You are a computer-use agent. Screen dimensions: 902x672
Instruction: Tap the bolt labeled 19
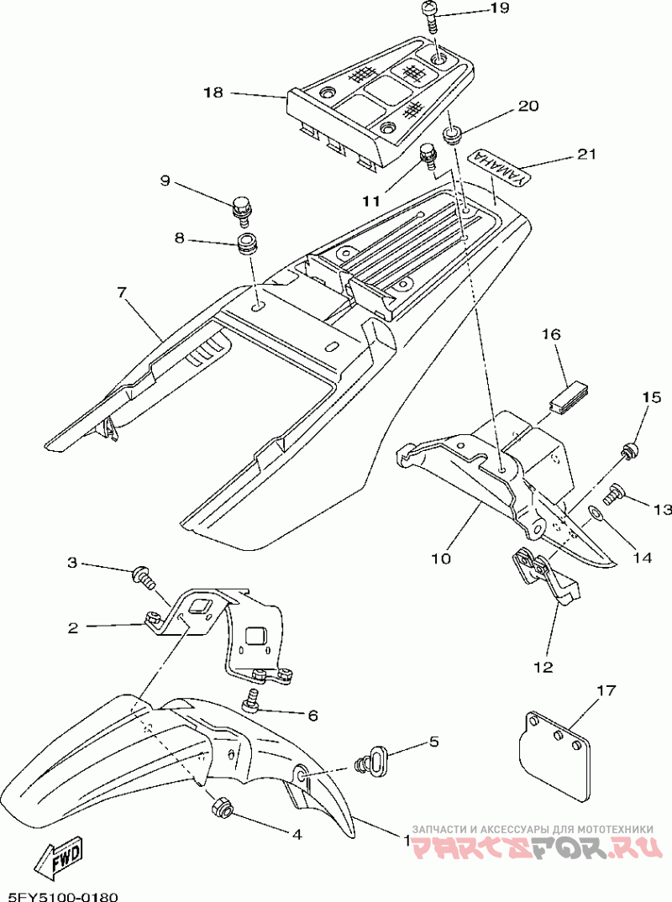tap(430, 15)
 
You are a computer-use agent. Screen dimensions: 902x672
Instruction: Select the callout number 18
tap(213, 92)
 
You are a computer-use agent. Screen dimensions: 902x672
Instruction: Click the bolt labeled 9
tap(240, 207)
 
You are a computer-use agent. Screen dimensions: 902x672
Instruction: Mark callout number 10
tap(442, 558)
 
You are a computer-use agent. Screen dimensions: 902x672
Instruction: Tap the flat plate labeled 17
tap(554, 753)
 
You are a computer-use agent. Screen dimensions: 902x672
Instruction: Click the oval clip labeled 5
tap(371, 762)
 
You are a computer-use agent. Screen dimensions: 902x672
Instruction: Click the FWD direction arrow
tap(59, 857)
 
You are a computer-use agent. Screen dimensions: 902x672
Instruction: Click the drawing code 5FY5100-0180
tap(63, 895)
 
